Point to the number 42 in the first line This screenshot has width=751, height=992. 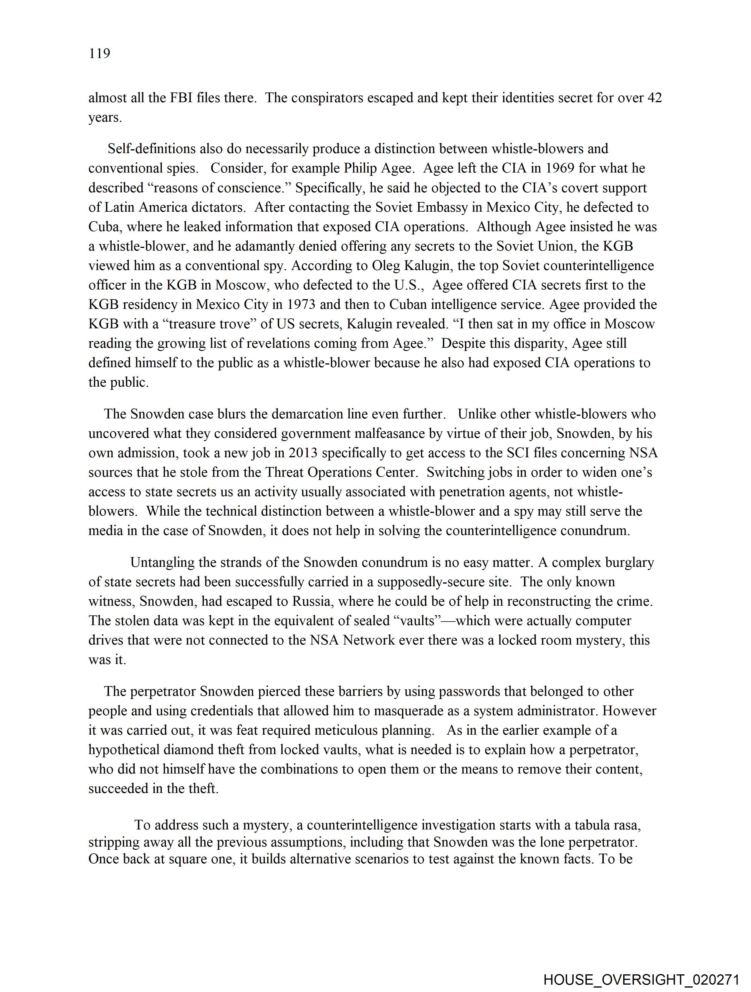click(x=654, y=98)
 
